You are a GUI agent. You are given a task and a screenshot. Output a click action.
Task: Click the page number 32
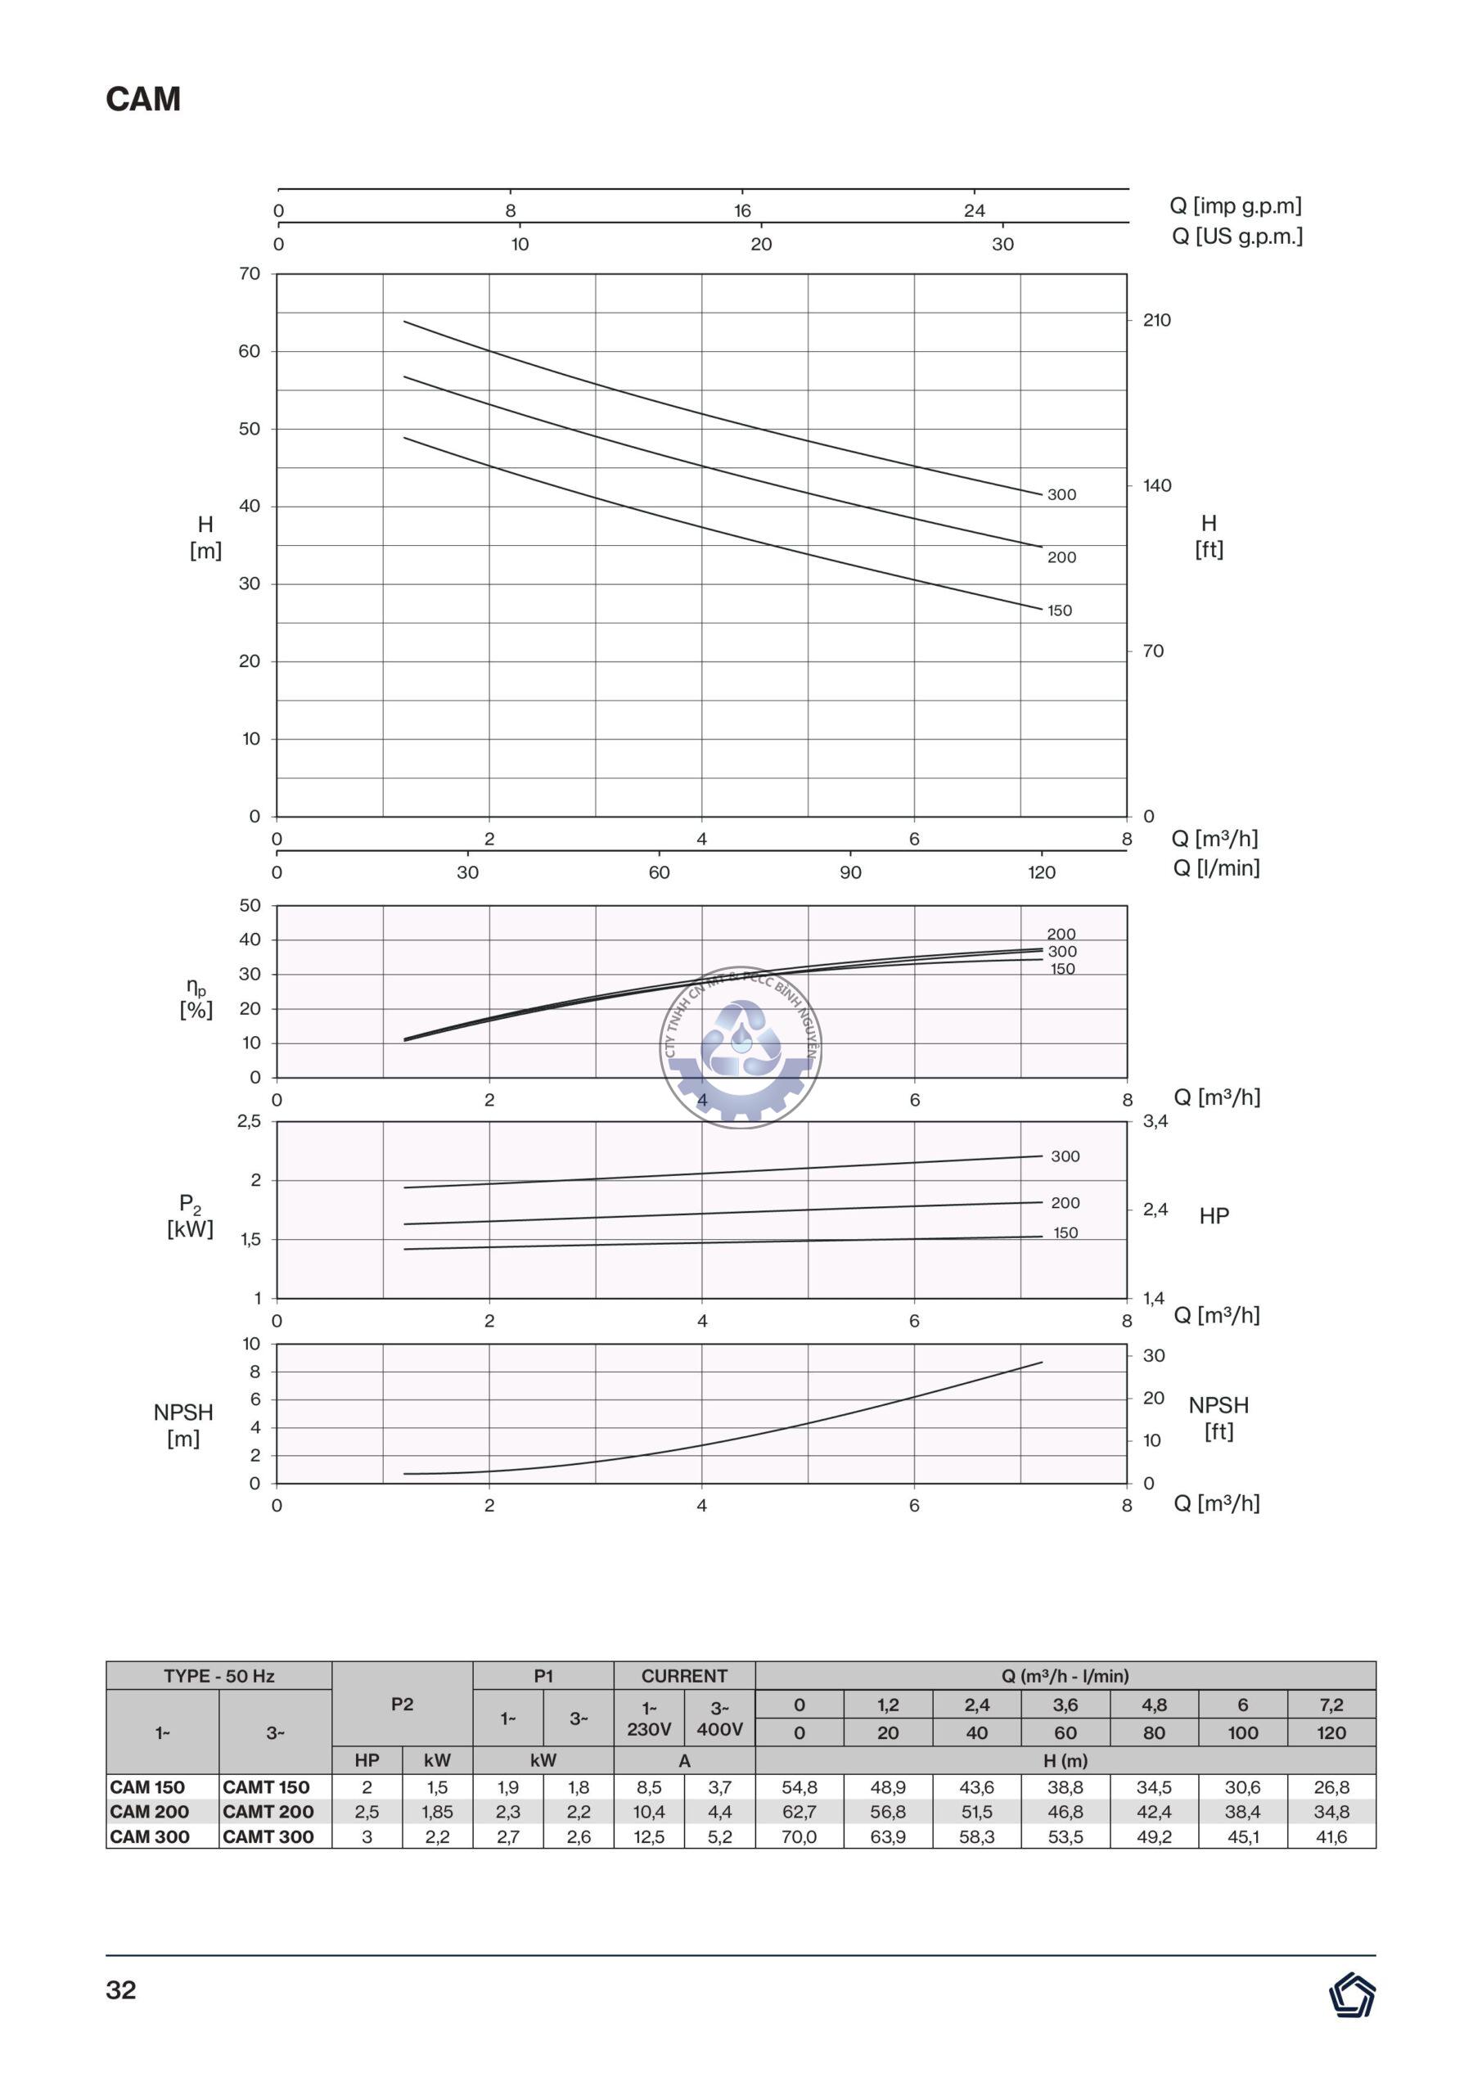[x=121, y=1990]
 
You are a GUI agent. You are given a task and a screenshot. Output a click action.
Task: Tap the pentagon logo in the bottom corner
[x=1352, y=1994]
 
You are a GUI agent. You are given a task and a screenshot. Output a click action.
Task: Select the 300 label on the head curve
[x=1061, y=494]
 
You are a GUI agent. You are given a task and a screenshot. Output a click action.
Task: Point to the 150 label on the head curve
[x=1060, y=610]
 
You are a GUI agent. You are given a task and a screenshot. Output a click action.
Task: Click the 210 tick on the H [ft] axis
[x=1156, y=320]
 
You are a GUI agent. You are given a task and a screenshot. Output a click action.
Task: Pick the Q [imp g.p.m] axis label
[x=1236, y=206]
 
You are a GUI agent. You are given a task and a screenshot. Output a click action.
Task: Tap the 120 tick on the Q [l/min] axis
[x=1041, y=872]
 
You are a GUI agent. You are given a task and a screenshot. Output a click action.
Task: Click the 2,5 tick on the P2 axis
[x=248, y=1121]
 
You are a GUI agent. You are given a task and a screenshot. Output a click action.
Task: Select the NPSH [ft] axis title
[x=1218, y=1418]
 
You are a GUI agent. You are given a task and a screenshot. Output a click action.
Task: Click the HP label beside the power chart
[x=1214, y=1215]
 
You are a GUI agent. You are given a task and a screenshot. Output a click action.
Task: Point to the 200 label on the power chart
[x=1065, y=1203]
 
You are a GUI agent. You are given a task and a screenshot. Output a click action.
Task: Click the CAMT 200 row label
[x=268, y=1811]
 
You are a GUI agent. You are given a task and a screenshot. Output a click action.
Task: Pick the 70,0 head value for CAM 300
[x=799, y=1836]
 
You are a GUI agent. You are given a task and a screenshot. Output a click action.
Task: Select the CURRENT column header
[x=683, y=1676]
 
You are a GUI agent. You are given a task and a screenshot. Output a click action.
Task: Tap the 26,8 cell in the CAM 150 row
[x=1331, y=1786]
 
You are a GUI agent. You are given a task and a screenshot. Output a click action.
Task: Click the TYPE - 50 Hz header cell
[x=219, y=1676]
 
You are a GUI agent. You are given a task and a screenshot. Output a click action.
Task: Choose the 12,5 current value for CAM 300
[x=649, y=1836]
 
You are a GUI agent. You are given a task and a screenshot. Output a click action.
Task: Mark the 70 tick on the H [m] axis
[x=249, y=273]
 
